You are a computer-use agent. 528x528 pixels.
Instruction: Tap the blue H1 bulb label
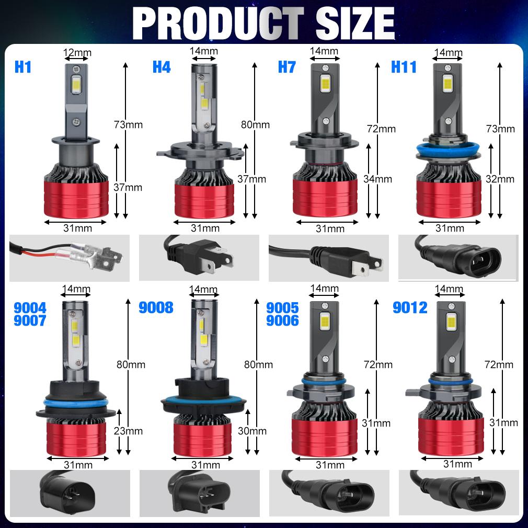23,67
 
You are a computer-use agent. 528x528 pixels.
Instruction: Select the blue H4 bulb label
162,67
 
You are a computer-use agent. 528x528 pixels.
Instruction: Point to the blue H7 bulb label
286,67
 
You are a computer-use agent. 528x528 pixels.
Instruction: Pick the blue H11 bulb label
404,67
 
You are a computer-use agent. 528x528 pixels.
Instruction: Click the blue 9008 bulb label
156,307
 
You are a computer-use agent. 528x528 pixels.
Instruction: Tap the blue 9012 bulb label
410,307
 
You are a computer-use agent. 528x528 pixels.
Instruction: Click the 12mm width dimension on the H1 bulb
76,52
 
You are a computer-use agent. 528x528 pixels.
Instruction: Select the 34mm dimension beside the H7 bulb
377,179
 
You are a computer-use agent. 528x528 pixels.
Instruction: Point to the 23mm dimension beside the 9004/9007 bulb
128,431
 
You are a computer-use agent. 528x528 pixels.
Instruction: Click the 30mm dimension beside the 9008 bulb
252,431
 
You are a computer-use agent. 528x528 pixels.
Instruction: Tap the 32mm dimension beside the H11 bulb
500,179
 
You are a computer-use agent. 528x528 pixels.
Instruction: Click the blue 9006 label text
282,320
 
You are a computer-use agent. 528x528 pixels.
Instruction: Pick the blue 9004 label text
31,307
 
